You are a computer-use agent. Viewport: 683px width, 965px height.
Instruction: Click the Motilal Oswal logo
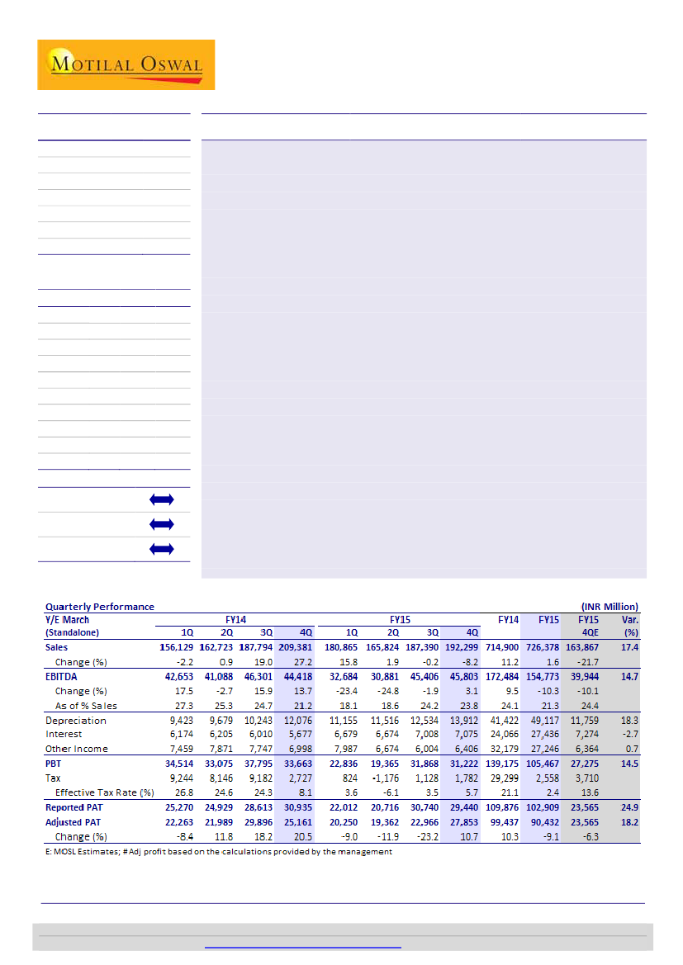coord(126,64)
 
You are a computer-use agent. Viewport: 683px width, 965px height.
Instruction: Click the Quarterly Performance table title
coord(99,606)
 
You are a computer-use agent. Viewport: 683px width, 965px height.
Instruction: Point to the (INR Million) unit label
coord(610,606)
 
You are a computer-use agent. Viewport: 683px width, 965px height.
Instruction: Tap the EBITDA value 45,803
coord(462,676)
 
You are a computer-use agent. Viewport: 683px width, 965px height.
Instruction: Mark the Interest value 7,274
coord(587,734)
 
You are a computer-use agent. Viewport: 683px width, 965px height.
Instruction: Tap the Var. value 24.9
coord(630,807)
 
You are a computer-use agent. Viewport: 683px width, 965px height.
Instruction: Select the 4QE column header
coord(587,632)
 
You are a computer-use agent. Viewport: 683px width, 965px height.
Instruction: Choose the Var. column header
coord(629,619)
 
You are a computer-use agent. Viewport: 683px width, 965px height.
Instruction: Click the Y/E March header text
coord(67,619)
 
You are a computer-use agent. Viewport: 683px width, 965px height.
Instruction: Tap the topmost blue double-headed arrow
coord(163,499)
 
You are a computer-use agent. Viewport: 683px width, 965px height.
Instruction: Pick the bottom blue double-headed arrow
coord(163,548)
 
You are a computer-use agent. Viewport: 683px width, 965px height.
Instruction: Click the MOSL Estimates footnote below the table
coord(218,851)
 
